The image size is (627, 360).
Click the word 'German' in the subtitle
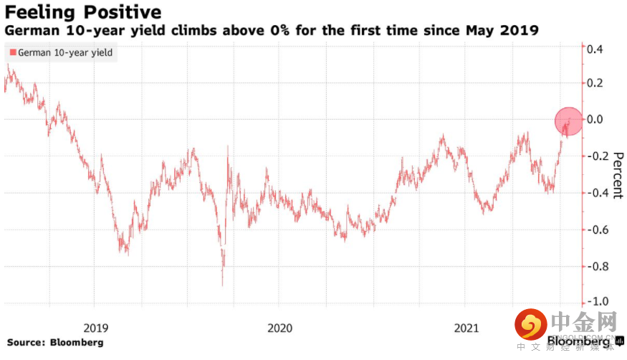coord(28,31)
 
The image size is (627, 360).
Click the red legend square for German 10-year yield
coord(11,52)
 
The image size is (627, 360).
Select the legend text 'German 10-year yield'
coord(64,52)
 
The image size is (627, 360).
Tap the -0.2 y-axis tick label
coord(594,156)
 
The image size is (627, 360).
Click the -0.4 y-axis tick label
coord(594,192)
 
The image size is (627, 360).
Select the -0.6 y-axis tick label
coord(594,229)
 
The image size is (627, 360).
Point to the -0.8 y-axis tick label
coord(594,265)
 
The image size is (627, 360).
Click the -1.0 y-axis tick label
coord(594,301)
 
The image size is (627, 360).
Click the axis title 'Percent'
coord(615,175)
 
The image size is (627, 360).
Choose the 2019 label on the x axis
coord(95,328)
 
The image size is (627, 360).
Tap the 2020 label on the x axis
coord(279,328)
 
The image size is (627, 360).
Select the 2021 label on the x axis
coord(466,328)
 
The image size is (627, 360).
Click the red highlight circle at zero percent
coord(569,121)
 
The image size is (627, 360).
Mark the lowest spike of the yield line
coord(221,285)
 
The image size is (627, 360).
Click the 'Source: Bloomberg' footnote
coord(55,342)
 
